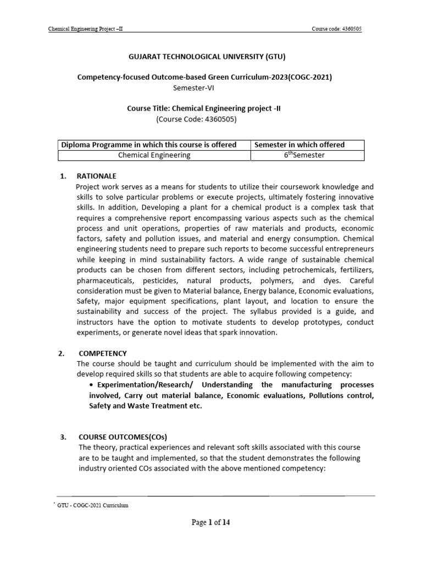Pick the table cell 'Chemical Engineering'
coord(154,155)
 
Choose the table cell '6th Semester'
coord(307,155)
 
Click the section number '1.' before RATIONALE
coord(63,176)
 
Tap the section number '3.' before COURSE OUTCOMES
coord(63,438)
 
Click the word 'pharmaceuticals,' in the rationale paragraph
coord(103,280)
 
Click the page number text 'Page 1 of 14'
coord(210,523)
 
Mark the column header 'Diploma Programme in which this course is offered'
coord(149,145)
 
